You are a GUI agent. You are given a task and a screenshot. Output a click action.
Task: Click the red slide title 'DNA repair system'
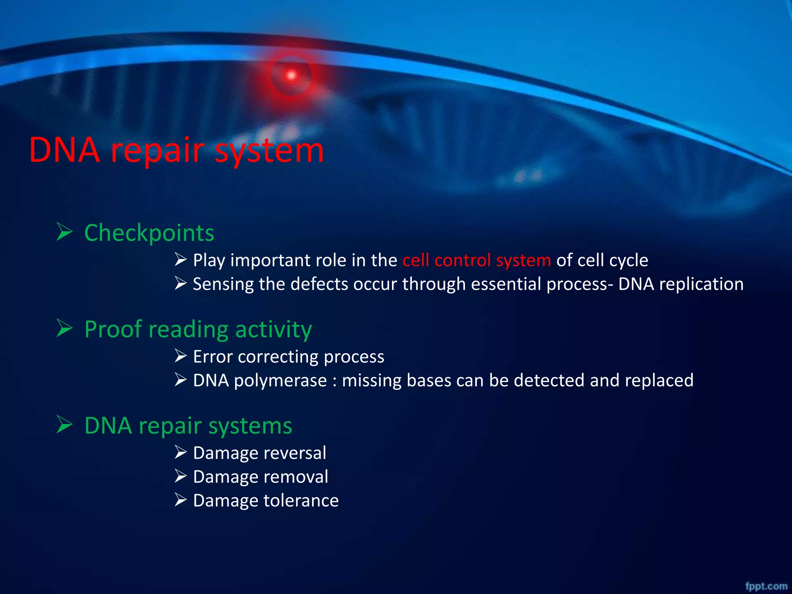[176, 150]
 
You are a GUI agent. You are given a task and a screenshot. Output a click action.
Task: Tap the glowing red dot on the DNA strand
[291, 75]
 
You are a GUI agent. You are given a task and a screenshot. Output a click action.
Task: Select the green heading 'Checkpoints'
[149, 233]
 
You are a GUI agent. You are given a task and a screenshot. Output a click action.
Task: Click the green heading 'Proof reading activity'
[198, 329]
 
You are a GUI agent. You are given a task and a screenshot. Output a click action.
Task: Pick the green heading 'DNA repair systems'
[188, 426]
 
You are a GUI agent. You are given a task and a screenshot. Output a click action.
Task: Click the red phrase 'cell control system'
[476, 260]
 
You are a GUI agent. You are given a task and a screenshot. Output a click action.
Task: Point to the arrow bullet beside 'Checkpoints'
[64, 232]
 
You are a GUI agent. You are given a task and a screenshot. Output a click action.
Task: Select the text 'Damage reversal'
[259, 453]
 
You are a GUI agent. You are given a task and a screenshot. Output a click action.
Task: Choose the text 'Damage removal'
[260, 477]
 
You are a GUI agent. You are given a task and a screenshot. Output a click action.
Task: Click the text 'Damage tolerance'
[266, 500]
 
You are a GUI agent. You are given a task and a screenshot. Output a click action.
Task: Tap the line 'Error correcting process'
[288, 357]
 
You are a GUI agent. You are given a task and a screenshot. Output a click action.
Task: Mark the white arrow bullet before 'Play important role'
[180, 259]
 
